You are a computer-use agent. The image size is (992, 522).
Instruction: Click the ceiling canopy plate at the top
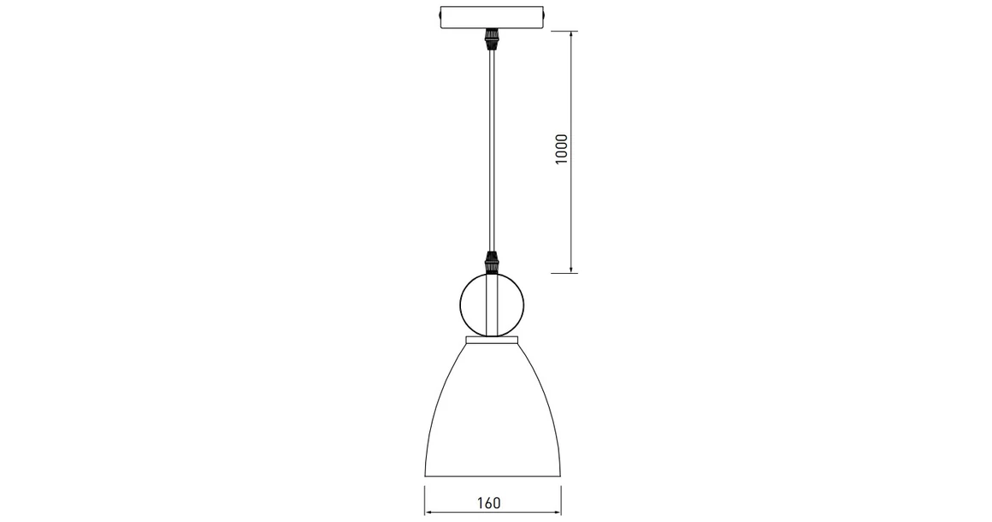coord(492,18)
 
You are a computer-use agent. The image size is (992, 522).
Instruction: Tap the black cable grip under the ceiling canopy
coord(492,39)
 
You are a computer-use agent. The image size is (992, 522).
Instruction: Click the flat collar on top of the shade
coord(492,341)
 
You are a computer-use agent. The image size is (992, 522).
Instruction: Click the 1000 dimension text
coord(562,150)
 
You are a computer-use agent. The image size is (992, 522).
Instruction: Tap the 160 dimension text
coord(489,502)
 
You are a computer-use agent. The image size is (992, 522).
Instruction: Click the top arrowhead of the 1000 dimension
coord(571,35)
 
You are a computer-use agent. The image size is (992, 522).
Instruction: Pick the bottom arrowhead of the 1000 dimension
coord(571,268)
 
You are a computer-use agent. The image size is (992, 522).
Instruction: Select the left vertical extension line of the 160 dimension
coord(425,501)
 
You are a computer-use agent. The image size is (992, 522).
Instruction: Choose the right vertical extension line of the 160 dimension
coord(559,501)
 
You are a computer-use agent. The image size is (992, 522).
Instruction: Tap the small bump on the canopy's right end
coord(547,18)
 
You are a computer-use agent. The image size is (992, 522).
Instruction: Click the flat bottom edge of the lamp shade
coord(492,477)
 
